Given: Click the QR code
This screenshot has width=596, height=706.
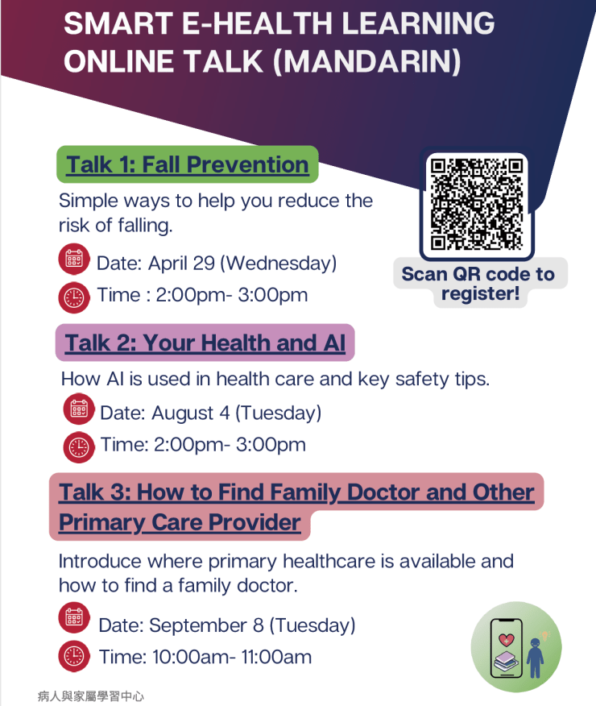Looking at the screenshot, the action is click(476, 204).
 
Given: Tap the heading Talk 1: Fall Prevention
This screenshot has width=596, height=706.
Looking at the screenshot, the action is click(187, 164).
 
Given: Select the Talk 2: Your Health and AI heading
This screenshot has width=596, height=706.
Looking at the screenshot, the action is click(205, 343).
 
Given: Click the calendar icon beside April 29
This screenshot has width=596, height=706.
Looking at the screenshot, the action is click(74, 259).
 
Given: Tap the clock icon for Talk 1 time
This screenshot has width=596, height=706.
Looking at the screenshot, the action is click(74, 297).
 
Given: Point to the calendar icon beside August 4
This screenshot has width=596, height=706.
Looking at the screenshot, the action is click(79, 409).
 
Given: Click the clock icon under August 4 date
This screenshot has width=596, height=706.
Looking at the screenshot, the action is click(79, 447).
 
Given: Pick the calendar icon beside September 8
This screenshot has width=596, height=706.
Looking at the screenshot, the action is click(74, 617).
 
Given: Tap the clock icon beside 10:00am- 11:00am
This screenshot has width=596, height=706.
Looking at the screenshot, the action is click(74, 656).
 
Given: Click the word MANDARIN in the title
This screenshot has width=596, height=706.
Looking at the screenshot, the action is click(367, 61).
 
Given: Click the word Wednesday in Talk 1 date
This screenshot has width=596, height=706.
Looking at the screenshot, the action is click(279, 263).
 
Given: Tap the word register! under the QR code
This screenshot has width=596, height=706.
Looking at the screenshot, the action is click(480, 293).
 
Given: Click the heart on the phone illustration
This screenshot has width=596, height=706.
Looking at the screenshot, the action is click(507, 639).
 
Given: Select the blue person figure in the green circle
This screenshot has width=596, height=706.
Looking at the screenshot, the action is click(535, 658).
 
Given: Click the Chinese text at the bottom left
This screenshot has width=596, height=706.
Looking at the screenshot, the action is click(91, 696).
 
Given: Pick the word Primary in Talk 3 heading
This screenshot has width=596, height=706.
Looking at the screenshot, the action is click(101, 523).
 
